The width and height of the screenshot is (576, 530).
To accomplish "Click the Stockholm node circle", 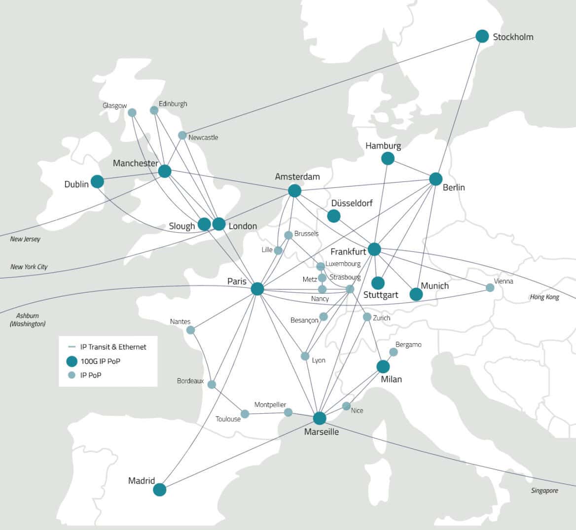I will tap(482, 36).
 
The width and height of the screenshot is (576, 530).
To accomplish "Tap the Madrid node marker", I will tap(159, 490).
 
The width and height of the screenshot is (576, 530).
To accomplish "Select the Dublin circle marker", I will tap(97, 181).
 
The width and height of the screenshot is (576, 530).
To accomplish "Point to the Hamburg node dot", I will tap(388, 158).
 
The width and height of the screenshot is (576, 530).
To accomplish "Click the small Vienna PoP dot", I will tap(490, 287).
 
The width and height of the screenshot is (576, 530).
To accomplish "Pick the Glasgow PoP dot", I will tap(132, 112).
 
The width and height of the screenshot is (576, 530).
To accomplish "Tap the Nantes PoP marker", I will tap(190, 330).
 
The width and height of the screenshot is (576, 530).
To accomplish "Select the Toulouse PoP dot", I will tap(245, 414).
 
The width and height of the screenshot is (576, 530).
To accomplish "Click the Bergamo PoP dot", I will tap(393, 352).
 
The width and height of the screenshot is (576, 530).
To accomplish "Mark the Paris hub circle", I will tap(257, 288).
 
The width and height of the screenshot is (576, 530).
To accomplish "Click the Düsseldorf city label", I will tap(352, 203).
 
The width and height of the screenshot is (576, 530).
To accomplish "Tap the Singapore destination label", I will tap(544, 491).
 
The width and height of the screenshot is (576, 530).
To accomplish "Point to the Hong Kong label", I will tap(544, 297).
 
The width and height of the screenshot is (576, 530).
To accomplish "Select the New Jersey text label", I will tap(25, 239).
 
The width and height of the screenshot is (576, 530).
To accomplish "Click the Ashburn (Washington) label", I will tap(28, 319).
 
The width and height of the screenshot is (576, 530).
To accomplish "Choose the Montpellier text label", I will tap(270, 405).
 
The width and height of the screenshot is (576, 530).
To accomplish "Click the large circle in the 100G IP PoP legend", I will tap(72, 361).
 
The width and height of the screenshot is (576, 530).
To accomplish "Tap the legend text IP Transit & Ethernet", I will tap(113, 347).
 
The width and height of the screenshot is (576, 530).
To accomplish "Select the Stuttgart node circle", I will tap(378, 283).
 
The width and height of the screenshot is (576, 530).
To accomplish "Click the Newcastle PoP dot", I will tap(182, 135).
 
